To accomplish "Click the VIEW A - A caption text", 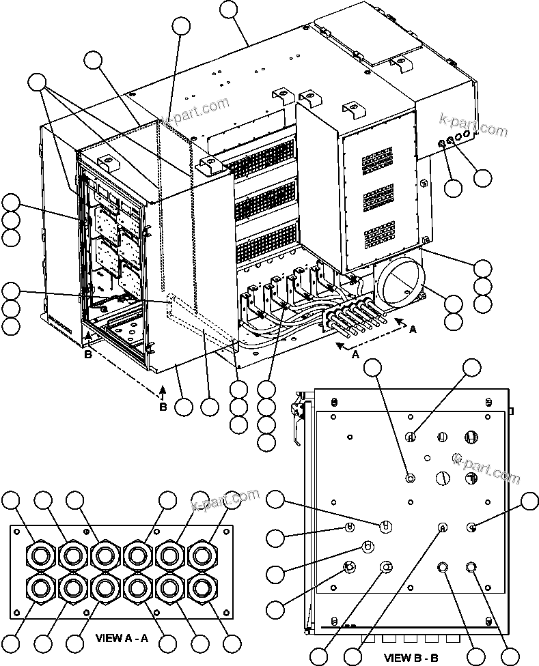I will pos(127,641).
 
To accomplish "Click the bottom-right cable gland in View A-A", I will pos(202,587).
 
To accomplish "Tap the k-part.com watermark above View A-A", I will pos(226,502).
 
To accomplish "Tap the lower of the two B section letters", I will pos(163,407).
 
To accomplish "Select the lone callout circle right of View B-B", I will pos(529,502).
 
